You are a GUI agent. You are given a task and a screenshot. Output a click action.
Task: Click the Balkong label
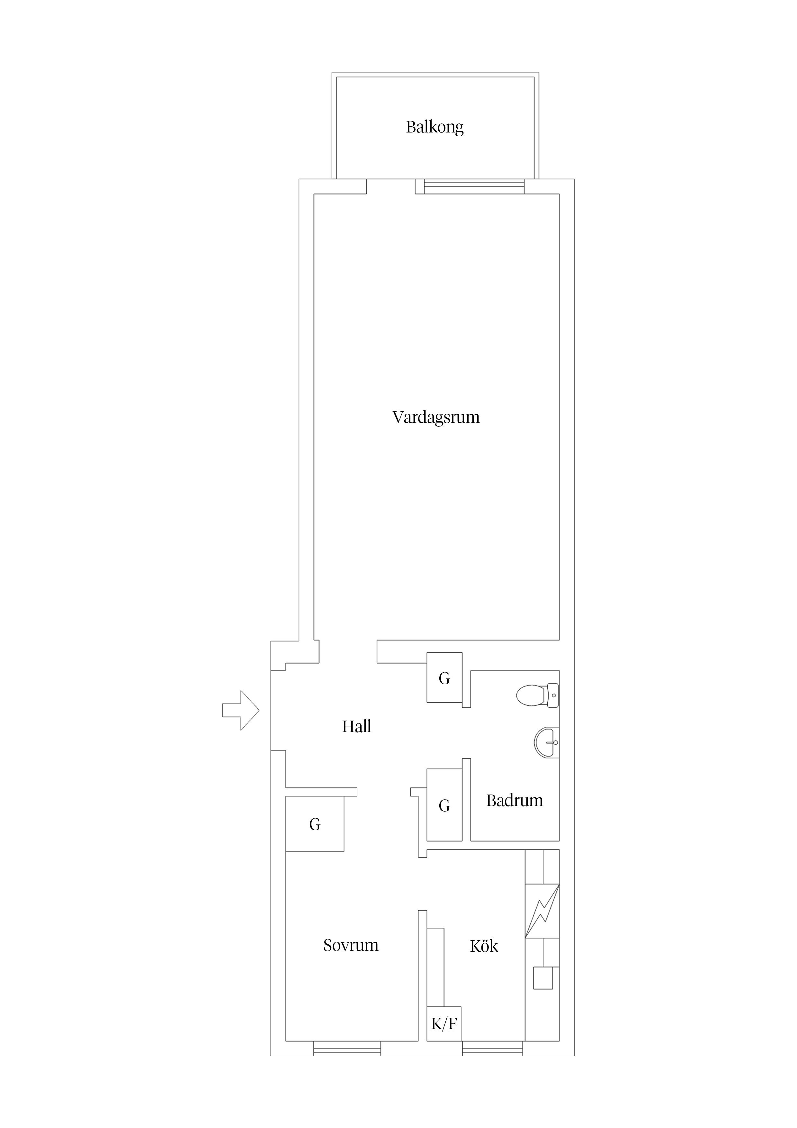(x=434, y=127)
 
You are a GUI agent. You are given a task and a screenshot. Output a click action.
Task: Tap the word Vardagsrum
(x=436, y=418)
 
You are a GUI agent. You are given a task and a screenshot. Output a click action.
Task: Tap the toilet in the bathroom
(x=537, y=695)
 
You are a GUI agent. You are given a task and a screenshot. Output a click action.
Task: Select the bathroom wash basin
(x=547, y=742)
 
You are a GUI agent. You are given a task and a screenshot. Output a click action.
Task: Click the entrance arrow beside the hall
(x=241, y=710)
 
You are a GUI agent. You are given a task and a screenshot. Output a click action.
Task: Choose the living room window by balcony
(x=474, y=186)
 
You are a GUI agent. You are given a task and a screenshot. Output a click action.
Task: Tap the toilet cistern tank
(x=553, y=695)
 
